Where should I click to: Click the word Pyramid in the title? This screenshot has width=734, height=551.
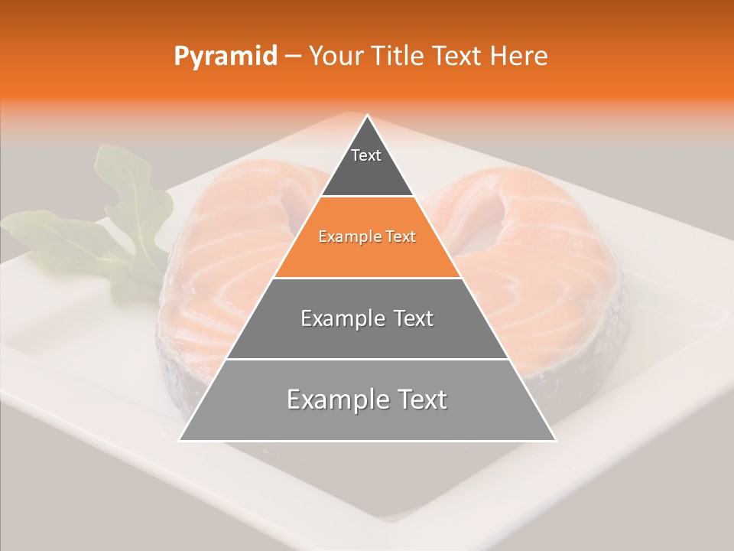click(x=225, y=57)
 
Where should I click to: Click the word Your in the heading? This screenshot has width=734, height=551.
click(x=336, y=57)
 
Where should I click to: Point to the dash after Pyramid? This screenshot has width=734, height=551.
click(x=292, y=57)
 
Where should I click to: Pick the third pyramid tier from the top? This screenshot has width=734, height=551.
click(x=367, y=337)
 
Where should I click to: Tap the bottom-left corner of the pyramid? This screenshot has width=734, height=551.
click(x=180, y=440)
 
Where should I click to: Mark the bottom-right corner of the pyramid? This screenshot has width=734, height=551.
click(x=555, y=440)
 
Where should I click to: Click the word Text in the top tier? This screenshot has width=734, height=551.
click(x=365, y=155)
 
